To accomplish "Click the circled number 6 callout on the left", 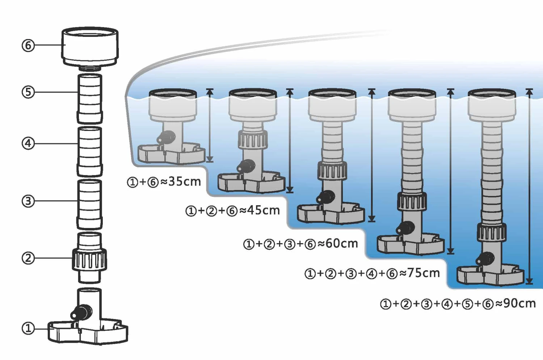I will (x=28, y=45).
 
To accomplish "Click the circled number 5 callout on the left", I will (x=28, y=92).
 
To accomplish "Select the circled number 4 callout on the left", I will (x=28, y=143).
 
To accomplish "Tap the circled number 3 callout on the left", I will (x=28, y=201).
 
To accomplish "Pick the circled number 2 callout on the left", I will (x=28, y=258).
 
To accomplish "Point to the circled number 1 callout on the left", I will (x=28, y=328).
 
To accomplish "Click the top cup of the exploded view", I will (x=90, y=46).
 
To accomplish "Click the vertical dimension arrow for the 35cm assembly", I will (x=210, y=125).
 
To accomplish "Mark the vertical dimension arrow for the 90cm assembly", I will (x=529, y=186).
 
